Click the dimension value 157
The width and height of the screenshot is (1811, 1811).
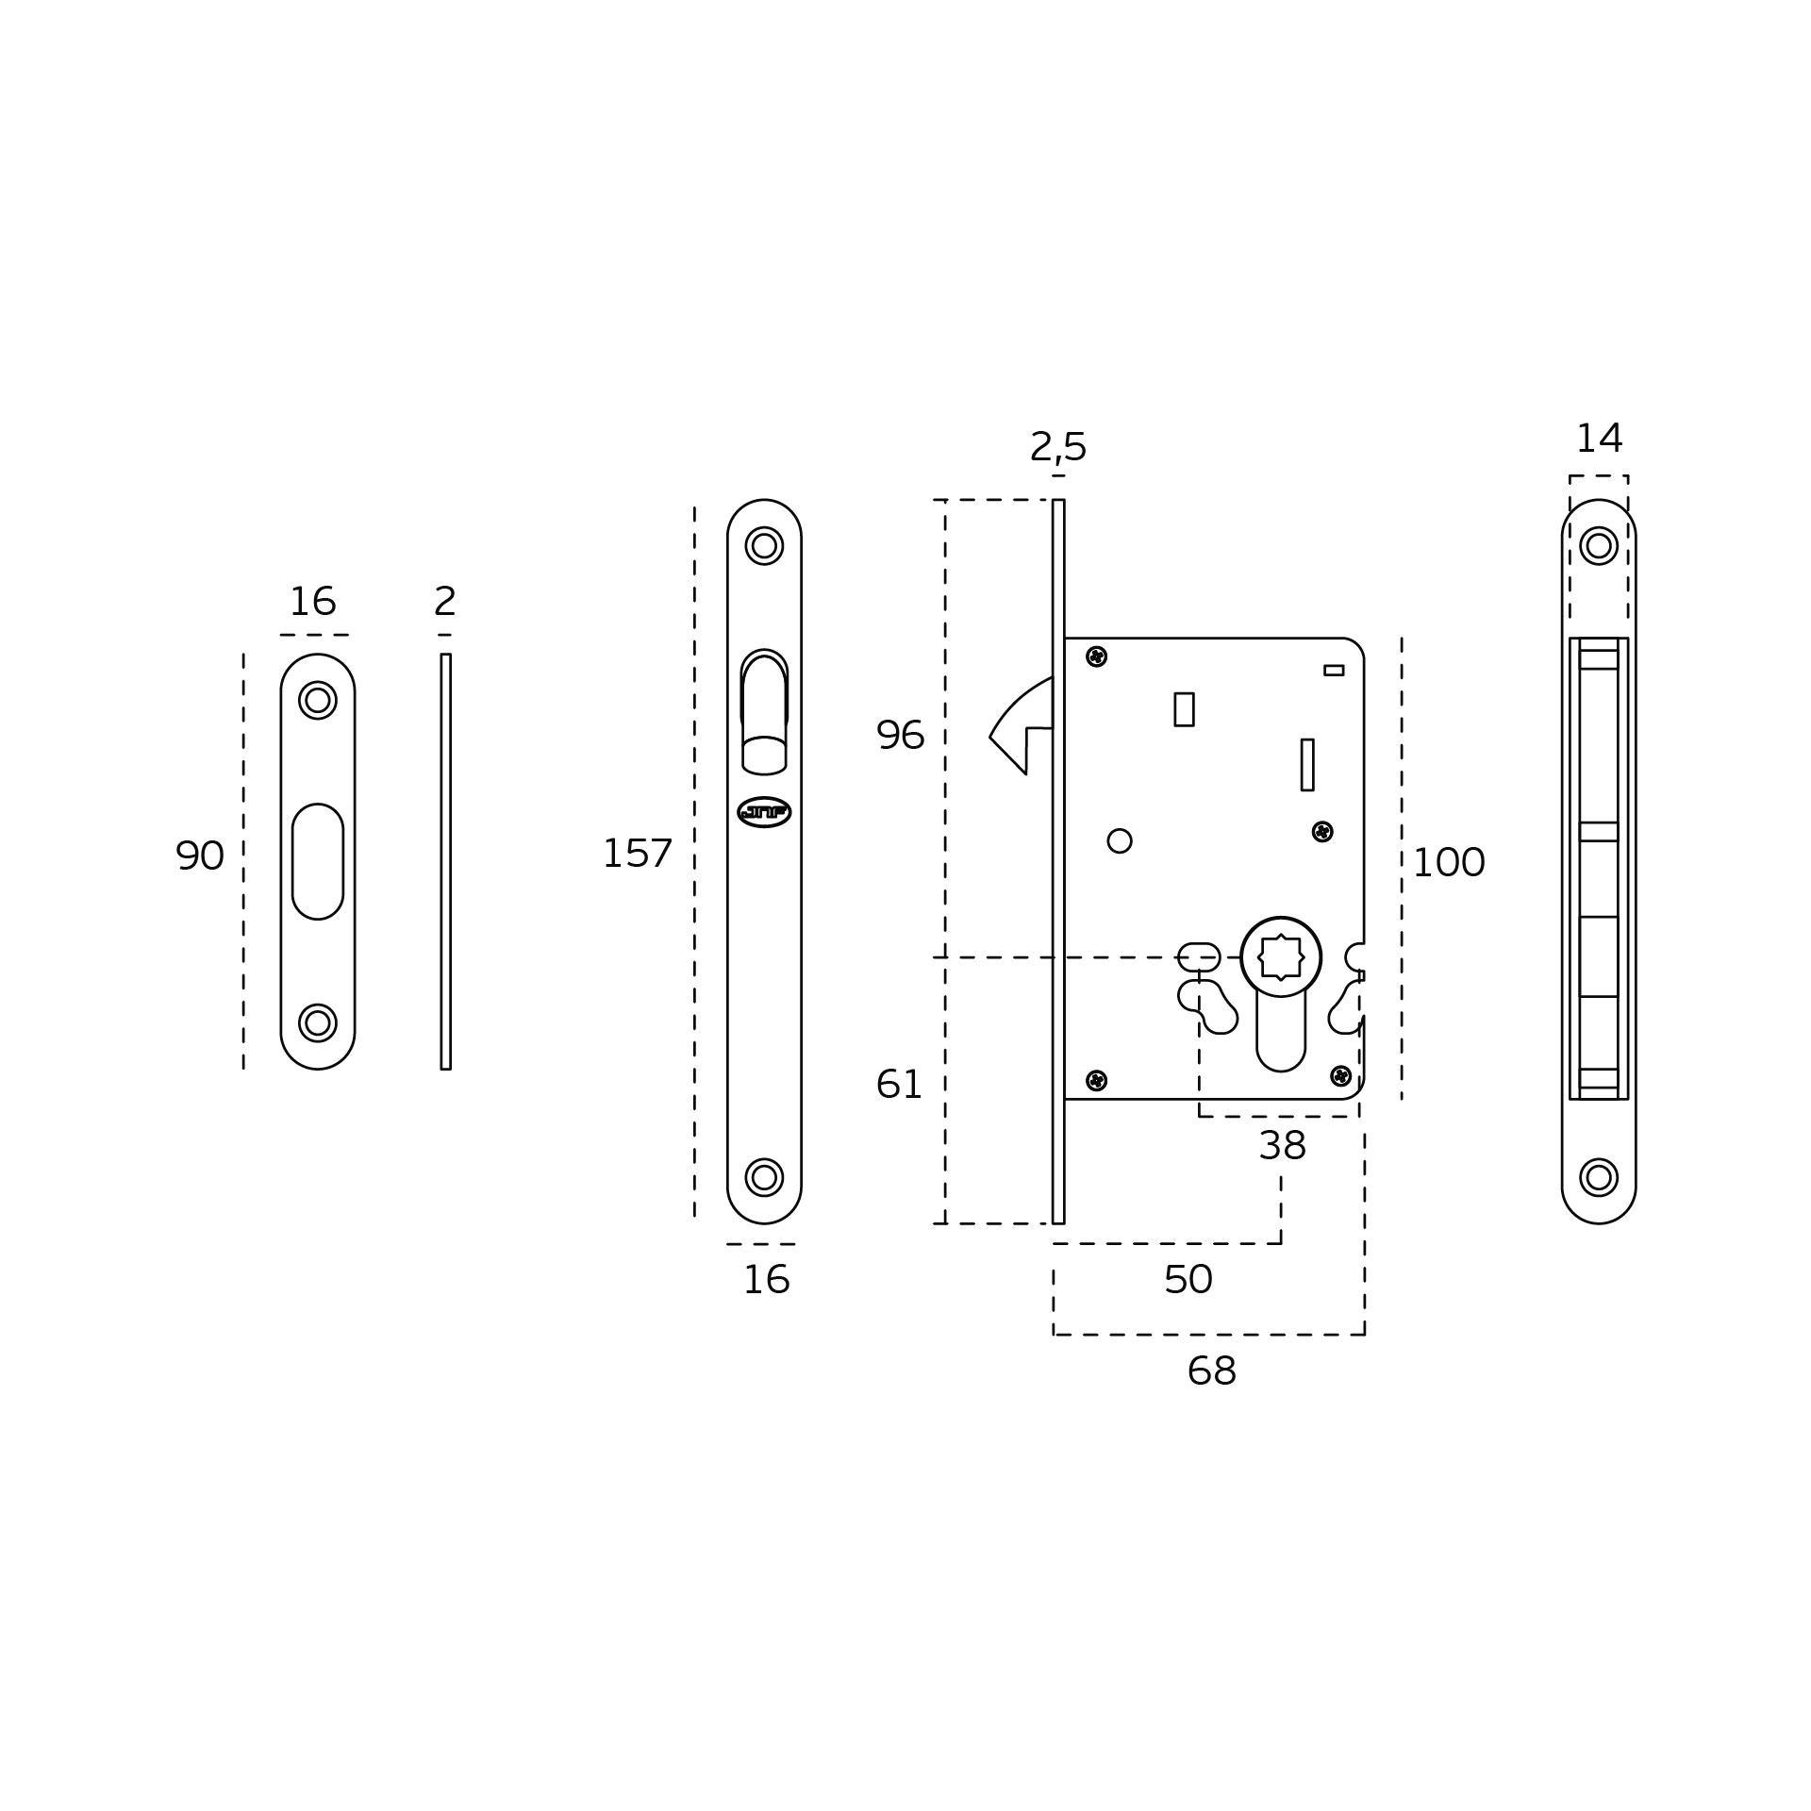pyautogui.click(x=638, y=855)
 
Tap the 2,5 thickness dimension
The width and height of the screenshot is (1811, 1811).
pyautogui.click(x=1058, y=447)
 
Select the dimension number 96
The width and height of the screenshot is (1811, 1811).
pyautogui.click(x=900, y=736)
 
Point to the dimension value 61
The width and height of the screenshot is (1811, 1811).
pyautogui.click(x=899, y=1085)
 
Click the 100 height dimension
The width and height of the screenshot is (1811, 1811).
pyautogui.click(x=1449, y=863)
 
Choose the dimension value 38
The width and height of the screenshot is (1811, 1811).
pyautogui.click(x=1282, y=1146)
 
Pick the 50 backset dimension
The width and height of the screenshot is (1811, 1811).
pyautogui.click(x=1188, y=1280)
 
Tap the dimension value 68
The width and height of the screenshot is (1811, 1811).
pyautogui.click(x=1211, y=1371)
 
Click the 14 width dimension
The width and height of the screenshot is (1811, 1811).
pyautogui.click(x=1600, y=439)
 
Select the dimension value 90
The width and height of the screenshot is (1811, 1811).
pyautogui.click(x=200, y=856)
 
